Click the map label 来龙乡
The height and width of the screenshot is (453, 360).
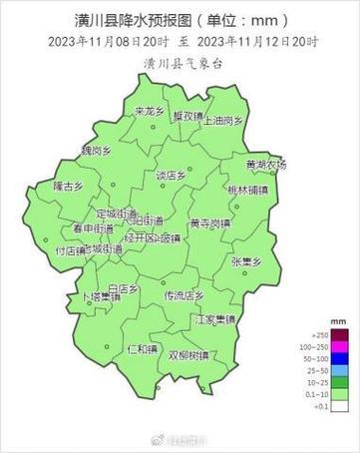(x=150, y=112)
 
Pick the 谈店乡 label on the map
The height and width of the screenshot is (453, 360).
(x=171, y=176)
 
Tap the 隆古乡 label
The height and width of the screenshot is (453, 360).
(x=69, y=186)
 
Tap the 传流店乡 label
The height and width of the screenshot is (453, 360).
(x=183, y=295)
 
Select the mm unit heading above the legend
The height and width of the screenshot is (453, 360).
(x=339, y=323)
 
